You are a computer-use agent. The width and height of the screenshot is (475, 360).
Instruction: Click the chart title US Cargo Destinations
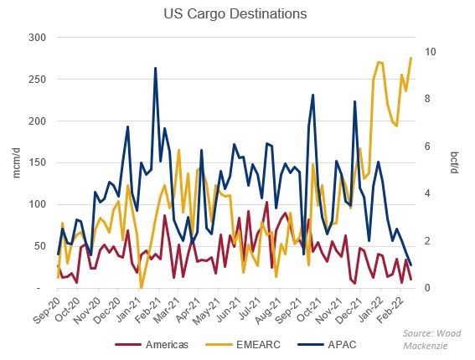[x=236, y=14]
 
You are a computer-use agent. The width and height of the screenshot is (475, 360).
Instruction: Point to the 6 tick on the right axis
[x=428, y=147]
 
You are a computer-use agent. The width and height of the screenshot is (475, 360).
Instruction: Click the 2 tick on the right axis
[x=428, y=241]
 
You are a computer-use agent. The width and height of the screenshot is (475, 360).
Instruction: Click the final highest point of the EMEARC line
[x=410, y=58]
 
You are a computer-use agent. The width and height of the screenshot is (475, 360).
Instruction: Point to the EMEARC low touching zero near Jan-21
[x=141, y=287]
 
